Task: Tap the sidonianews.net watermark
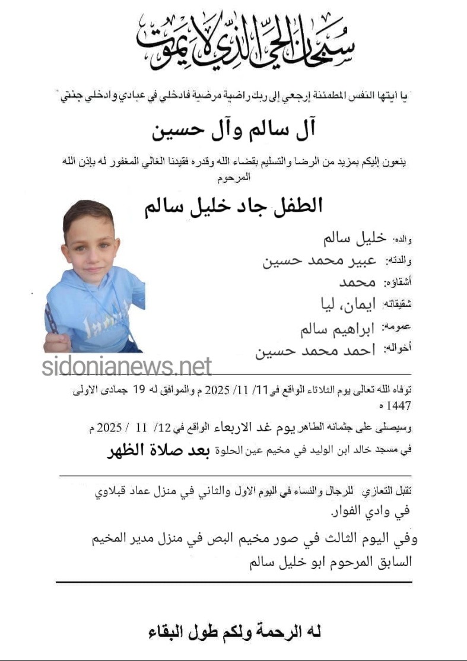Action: pos(126,366)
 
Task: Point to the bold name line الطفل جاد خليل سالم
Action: pos(234,205)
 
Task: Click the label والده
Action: pos(403,239)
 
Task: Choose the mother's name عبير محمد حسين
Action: pos(319,260)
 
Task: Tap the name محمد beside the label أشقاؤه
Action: pos(358,282)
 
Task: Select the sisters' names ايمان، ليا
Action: pos(348,304)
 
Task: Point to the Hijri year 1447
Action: pos(398,406)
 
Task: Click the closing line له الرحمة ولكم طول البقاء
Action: pos(235,632)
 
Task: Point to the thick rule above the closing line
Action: pos(234,582)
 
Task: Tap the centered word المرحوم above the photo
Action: pos(236,177)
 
